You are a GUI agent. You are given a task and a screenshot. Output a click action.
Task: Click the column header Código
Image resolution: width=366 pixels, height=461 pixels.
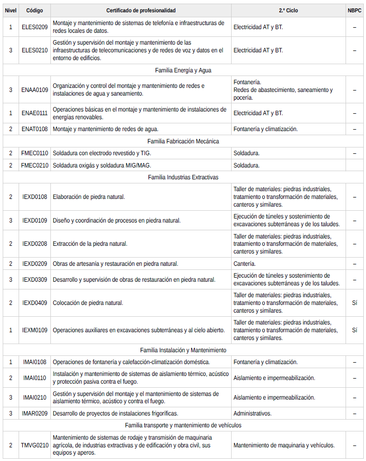35,10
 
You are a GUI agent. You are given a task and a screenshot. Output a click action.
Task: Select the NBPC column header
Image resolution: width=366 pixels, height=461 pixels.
354,10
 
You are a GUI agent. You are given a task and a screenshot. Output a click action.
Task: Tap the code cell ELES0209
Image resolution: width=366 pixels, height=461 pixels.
35,27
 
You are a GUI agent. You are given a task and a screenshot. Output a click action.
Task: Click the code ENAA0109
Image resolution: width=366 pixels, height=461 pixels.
35,90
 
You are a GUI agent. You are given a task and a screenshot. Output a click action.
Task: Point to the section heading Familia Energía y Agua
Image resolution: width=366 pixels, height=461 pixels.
183,70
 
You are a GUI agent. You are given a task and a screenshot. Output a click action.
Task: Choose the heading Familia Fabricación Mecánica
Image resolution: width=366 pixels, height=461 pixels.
183,141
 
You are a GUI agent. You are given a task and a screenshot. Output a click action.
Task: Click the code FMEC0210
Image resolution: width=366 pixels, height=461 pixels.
35,165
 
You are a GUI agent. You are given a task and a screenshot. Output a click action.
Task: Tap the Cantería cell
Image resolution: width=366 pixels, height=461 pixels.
245,263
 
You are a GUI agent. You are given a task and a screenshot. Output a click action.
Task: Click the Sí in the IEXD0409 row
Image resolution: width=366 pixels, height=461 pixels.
354,303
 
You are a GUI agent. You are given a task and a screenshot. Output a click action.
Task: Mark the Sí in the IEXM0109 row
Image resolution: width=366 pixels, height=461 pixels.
354,330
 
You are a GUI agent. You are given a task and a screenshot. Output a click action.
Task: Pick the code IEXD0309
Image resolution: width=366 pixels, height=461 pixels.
35,279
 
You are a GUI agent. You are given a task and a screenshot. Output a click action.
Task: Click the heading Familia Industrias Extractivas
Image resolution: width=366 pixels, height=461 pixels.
183,177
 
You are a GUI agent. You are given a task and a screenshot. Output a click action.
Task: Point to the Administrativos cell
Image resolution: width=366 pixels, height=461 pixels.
252,413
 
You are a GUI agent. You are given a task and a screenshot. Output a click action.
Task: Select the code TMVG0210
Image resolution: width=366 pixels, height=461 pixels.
35,445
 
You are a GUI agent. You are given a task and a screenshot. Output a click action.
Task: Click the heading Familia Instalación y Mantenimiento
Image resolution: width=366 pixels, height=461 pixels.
183,350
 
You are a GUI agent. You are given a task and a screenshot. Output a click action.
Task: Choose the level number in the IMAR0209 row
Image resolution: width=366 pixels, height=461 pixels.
11,413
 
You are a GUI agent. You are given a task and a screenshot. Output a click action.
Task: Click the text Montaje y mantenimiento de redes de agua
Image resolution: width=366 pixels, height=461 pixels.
105,129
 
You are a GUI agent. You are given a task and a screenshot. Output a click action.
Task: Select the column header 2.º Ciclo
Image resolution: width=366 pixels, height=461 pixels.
288,10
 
